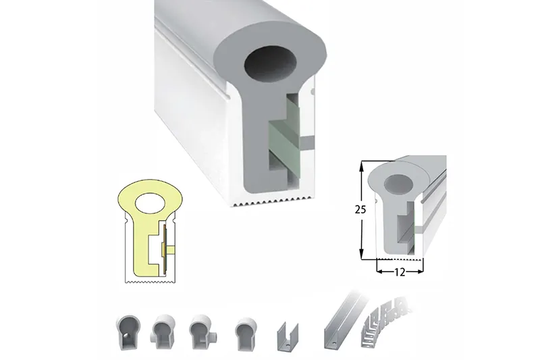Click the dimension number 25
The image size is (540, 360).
point(360,209)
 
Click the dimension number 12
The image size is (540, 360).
point(400,272)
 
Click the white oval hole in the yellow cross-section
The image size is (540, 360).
point(151,202)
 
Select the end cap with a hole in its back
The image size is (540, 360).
point(128,331)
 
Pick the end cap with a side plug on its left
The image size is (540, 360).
point(163,332)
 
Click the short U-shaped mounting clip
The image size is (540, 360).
point(287,336)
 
